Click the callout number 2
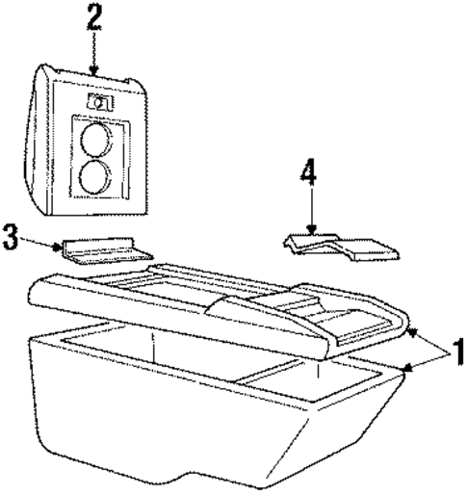click(x=94, y=17)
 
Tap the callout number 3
click(x=11, y=237)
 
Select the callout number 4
click(x=308, y=173)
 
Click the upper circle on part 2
click(x=96, y=140)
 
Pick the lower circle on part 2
click(x=95, y=176)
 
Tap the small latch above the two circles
click(x=100, y=102)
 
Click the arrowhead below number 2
click(x=93, y=71)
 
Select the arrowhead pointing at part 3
click(x=58, y=247)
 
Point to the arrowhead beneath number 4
click(x=311, y=229)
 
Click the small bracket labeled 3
click(x=107, y=251)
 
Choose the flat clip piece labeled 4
click(x=341, y=247)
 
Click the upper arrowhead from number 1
click(x=414, y=332)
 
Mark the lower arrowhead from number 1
click(x=407, y=368)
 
